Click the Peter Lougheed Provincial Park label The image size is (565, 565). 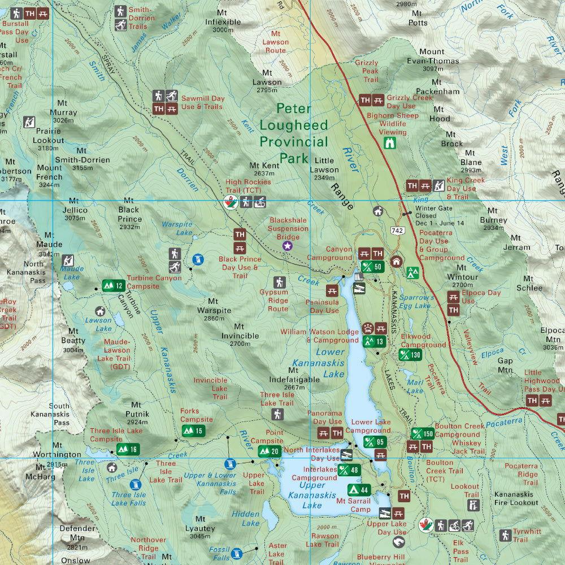(293, 133)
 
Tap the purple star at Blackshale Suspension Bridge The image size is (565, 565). (288, 245)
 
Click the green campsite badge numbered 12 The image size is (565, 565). (112, 285)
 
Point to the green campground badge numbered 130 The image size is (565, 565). (410, 355)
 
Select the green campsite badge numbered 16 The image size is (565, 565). (127, 449)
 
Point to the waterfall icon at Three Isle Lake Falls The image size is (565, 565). (136, 484)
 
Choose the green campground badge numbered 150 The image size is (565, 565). (423, 434)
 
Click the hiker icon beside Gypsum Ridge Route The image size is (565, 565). (279, 282)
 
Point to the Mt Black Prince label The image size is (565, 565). (129, 219)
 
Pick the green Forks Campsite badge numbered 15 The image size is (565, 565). (192, 432)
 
